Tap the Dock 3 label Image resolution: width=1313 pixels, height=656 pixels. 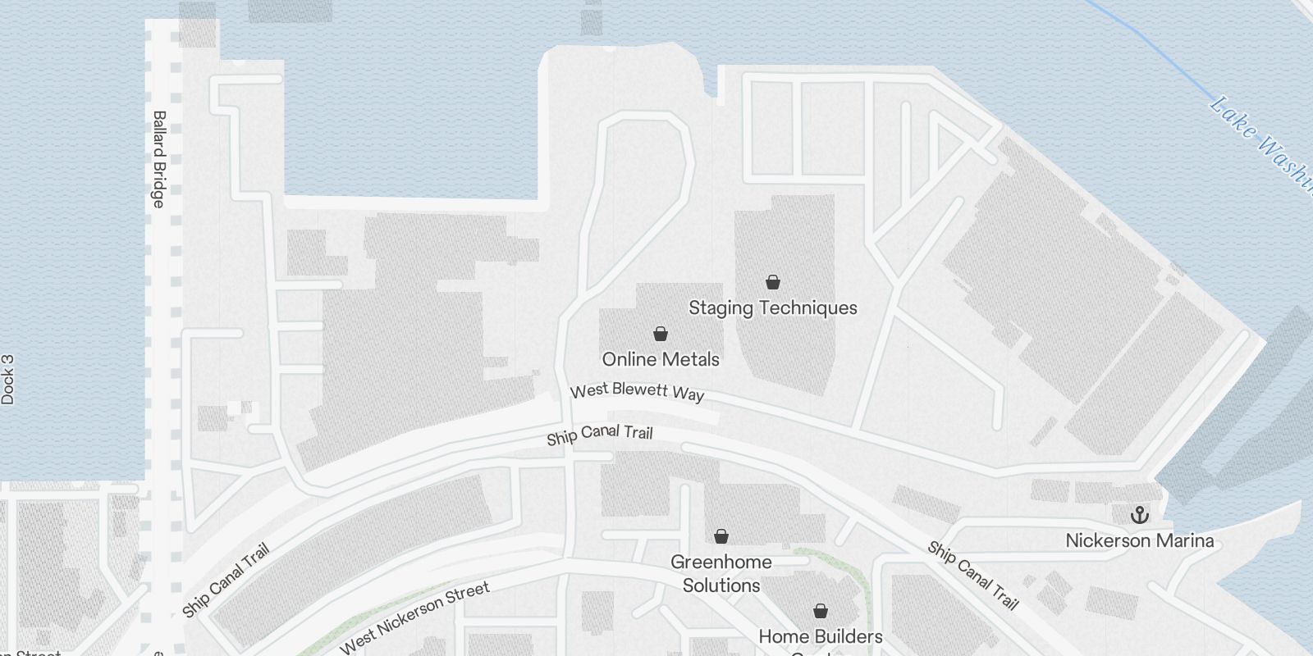(x=8, y=380)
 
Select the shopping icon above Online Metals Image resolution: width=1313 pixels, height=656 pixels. (x=661, y=334)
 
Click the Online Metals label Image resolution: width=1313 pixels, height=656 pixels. (x=661, y=359)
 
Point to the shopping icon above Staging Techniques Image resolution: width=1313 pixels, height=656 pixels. (x=772, y=282)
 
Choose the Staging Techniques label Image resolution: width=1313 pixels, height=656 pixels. (x=772, y=307)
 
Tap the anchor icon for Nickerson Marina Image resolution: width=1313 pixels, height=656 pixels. (x=1139, y=515)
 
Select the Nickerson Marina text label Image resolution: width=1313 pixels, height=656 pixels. (x=1139, y=540)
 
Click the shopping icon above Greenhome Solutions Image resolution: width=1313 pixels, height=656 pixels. (x=721, y=536)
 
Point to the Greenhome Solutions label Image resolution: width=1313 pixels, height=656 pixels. (x=721, y=573)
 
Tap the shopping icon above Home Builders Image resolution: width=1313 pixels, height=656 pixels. (x=820, y=611)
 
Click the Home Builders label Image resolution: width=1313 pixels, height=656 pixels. (x=820, y=636)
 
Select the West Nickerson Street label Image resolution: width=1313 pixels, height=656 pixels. (x=414, y=617)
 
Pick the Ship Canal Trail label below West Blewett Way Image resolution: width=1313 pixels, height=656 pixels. (x=600, y=434)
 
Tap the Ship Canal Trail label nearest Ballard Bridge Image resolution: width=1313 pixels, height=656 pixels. (x=226, y=581)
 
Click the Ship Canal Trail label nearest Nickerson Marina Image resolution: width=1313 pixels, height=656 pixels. (x=973, y=575)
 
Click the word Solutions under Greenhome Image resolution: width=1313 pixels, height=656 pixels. (x=721, y=585)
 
